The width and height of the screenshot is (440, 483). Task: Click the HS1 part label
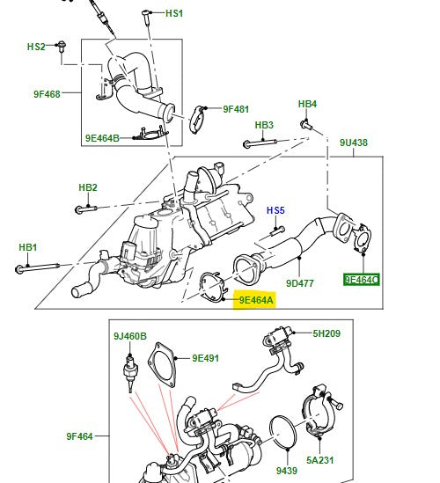(174, 14)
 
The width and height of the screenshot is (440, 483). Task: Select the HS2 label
(35, 46)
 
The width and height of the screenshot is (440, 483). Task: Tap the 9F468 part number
(47, 94)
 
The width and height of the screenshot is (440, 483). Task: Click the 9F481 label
(236, 109)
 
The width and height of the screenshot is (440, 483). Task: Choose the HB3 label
(264, 125)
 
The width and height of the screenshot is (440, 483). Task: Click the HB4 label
(306, 105)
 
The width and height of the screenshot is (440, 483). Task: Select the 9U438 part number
(355, 142)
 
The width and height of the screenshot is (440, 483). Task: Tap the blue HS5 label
(276, 210)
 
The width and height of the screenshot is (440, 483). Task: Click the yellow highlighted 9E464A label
(256, 300)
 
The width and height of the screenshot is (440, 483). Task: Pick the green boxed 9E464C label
(361, 280)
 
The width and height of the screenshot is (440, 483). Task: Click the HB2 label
(87, 187)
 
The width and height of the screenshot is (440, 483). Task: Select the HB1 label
(28, 247)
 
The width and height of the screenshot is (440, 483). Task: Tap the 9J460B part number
(129, 336)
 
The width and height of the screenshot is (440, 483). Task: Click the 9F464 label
(80, 435)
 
